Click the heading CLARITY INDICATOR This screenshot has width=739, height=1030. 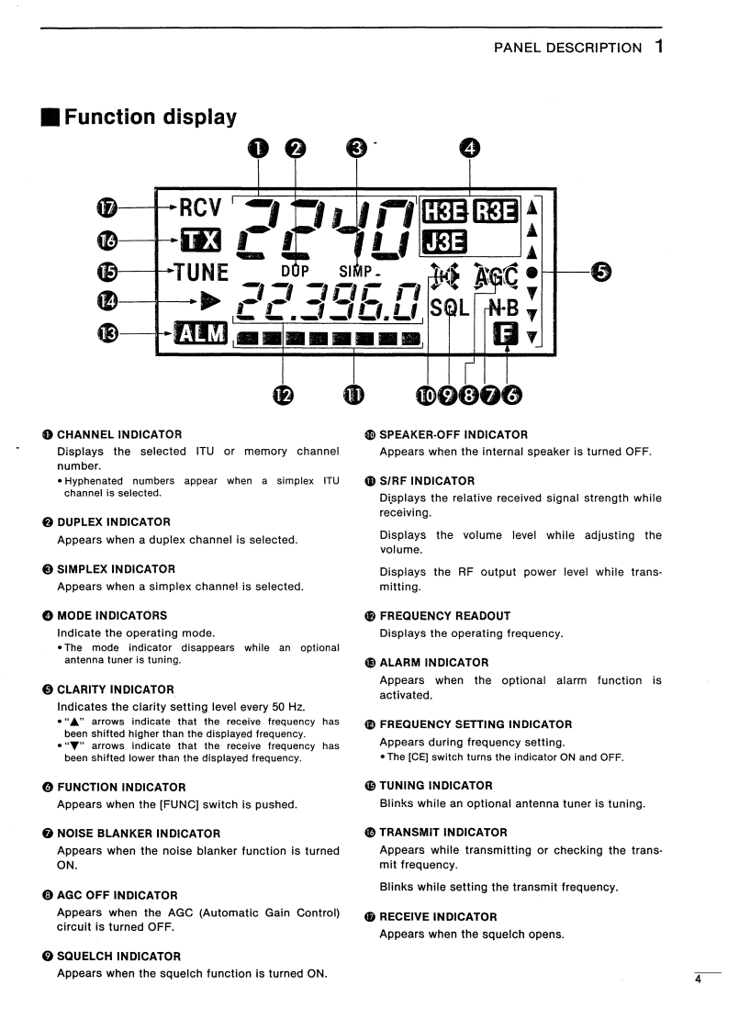pyautogui.click(x=115, y=689)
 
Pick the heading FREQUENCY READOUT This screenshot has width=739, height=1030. pyautogui.click(x=444, y=616)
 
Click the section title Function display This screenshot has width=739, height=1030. pyautogui.click(x=150, y=117)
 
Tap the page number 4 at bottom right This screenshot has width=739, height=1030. pyautogui.click(x=698, y=981)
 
